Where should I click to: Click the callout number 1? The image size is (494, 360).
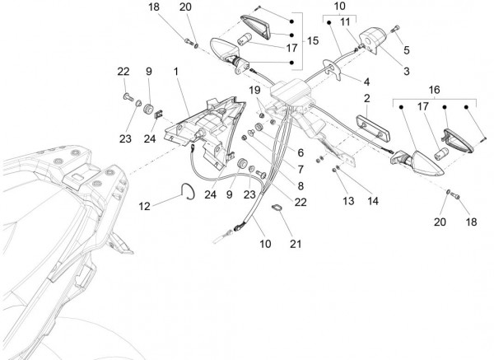point(175,72)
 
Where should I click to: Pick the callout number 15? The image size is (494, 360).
point(313,40)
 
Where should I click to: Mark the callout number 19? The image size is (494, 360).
point(254,89)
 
